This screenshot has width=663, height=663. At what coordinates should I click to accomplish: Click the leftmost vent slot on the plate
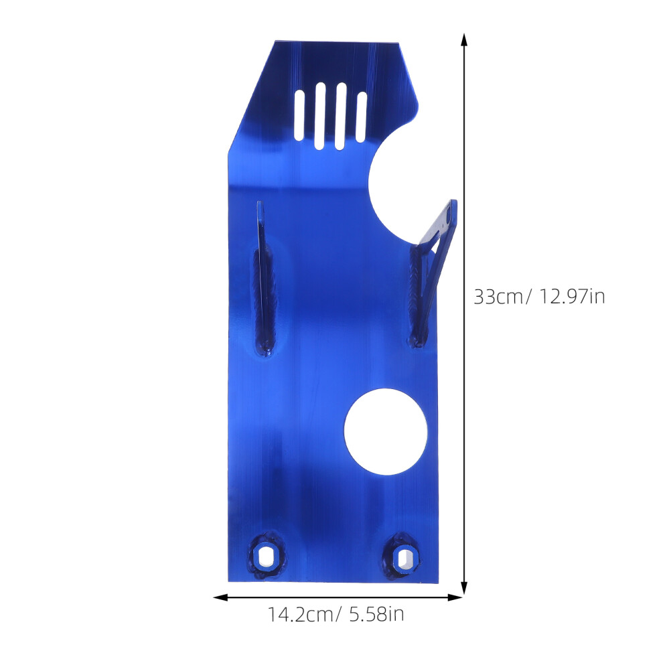pos(299,115)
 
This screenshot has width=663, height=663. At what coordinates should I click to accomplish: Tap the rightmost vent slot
pos(362,117)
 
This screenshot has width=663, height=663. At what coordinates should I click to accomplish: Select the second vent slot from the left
pos(320,116)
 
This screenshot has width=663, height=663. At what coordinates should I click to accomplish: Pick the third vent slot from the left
pos(341,117)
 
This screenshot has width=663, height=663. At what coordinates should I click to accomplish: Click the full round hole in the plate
pos(386,432)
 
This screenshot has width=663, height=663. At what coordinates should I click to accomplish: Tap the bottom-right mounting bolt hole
pos(402,558)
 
